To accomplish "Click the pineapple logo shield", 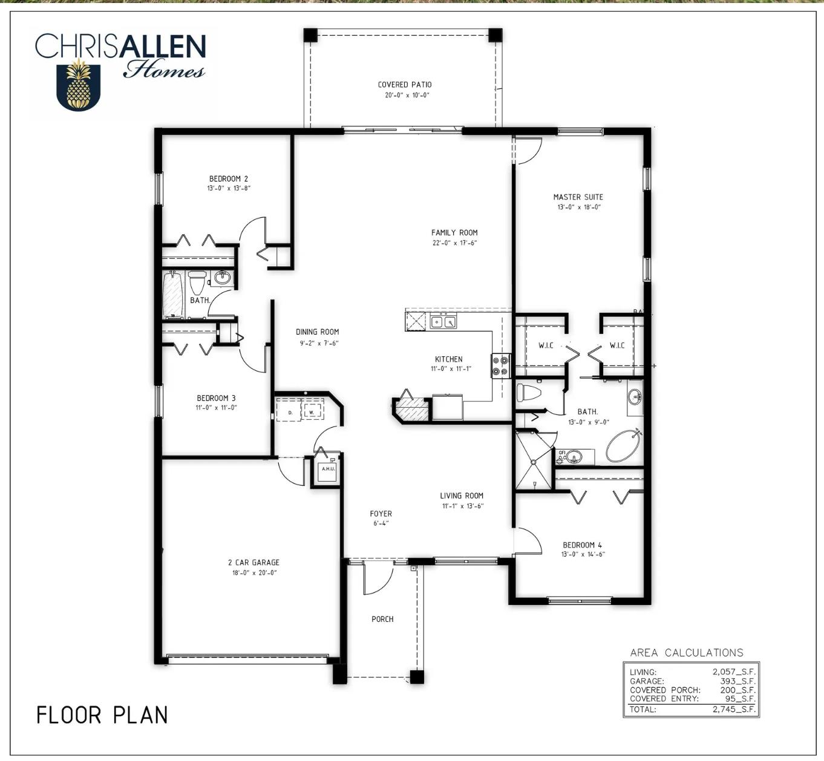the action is tap(79, 86).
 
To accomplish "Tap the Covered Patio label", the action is tap(405, 85).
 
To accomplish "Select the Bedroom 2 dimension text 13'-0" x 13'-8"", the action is tap(229, 188).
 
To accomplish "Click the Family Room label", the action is tap(454, 233).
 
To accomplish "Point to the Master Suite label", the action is tap(578, 197).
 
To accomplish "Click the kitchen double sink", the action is tap(443, 322).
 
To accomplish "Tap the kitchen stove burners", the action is tap(501, 365).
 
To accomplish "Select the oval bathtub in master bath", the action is tap(624, 446).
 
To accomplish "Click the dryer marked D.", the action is tap(290, 410).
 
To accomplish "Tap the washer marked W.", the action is tap(312, 410).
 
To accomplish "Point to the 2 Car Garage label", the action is tap(253, 562).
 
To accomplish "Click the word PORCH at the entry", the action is tap(382, 619).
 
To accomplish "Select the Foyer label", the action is tap(381, 514).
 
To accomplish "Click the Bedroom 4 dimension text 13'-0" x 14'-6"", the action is tap(583, 554).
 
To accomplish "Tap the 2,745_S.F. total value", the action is tap(734, 709).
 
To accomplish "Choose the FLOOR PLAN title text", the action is tap(102, 715).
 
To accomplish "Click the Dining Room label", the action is tap(317, 332).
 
